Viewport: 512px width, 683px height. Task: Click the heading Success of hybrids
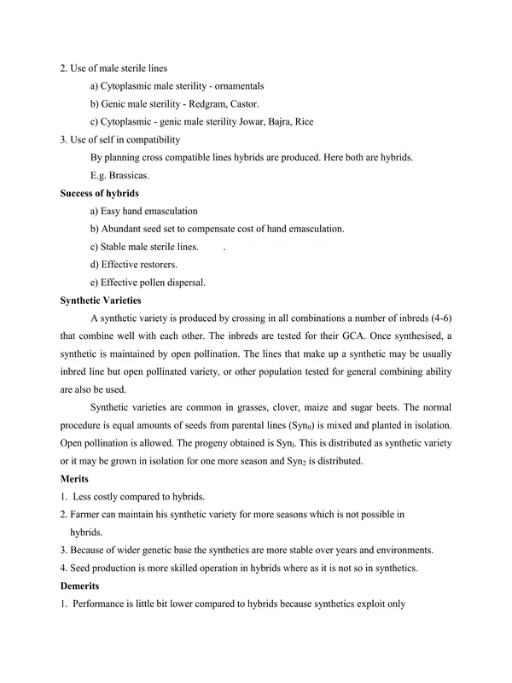(x=100, y=194)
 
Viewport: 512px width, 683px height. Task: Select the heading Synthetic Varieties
(x=102, y=300)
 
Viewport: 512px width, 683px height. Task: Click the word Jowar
(x=243, y=122)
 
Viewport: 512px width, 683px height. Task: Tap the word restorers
(x=157, y=265)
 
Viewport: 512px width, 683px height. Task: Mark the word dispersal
(x=184, y=282)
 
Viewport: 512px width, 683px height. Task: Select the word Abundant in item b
(x=122, y=229)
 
